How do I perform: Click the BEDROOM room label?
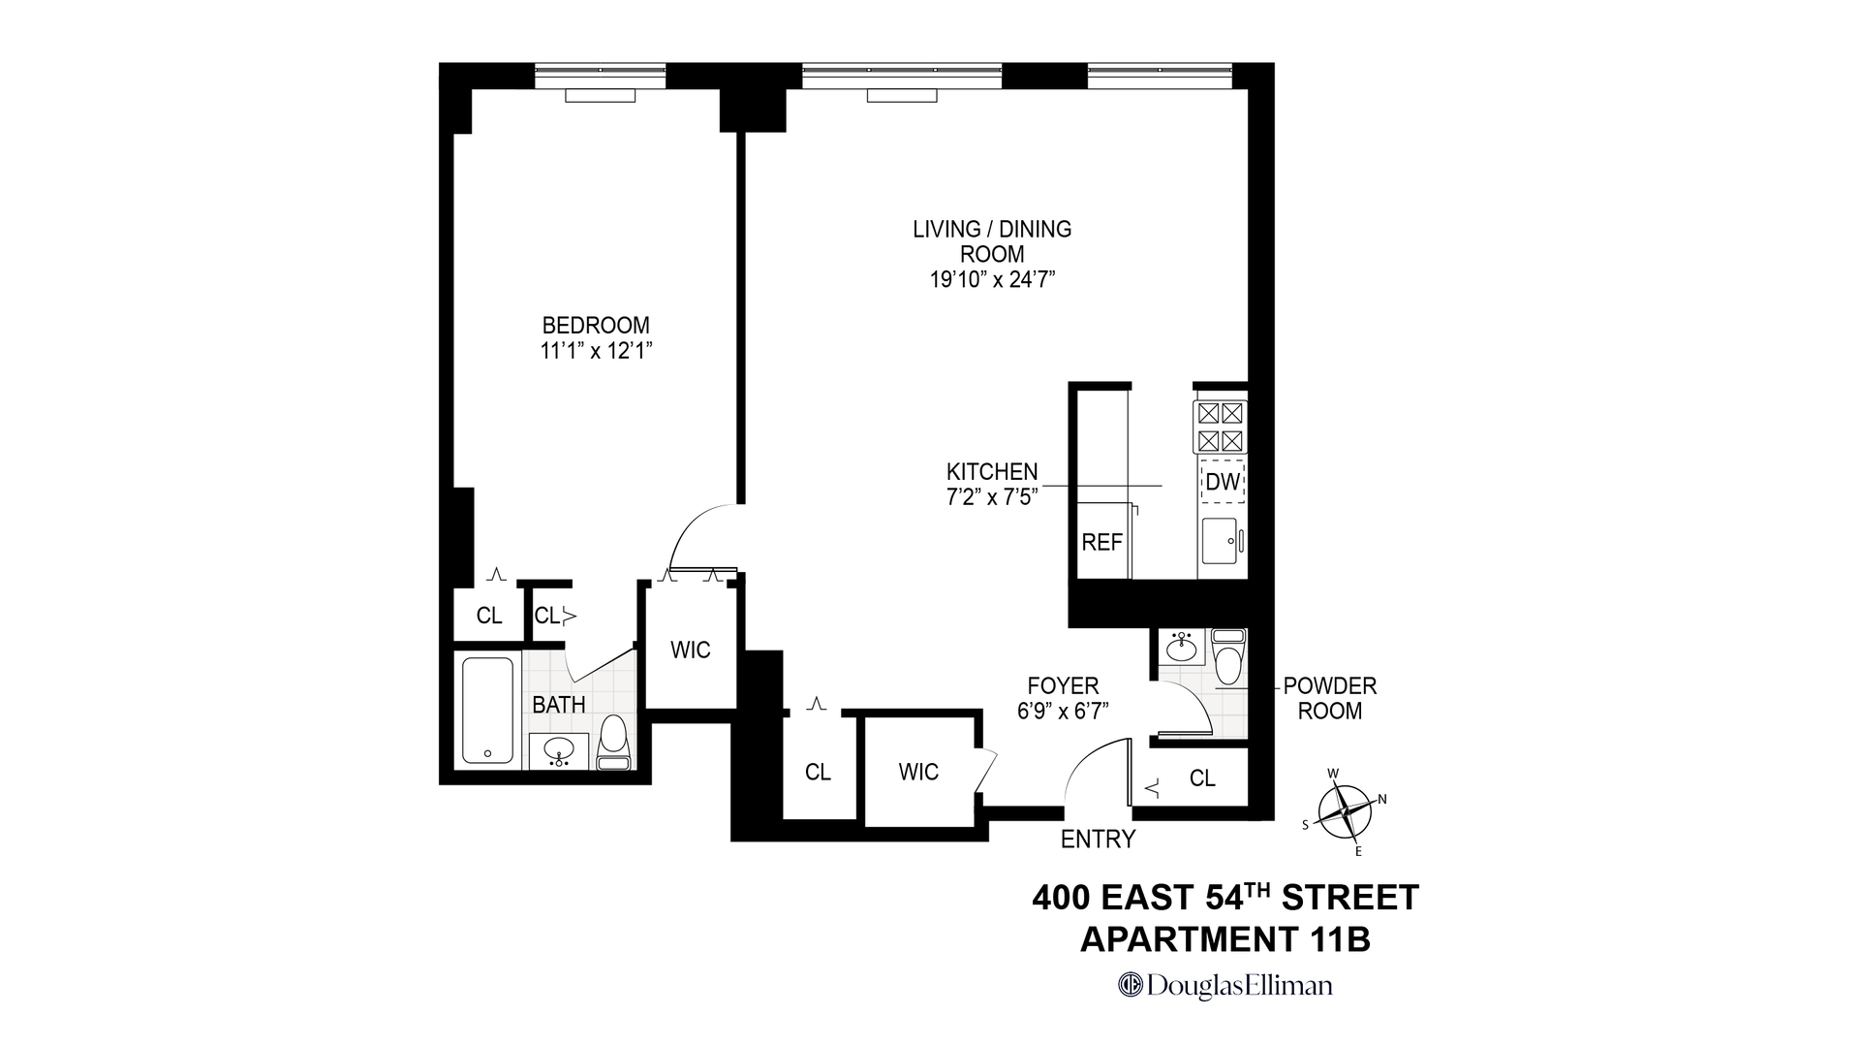pyautogui.click(x=595, y=325)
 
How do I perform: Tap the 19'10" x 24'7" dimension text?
pyautogui.click(x=991, y=280)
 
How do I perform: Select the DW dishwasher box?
pyautogui.click(x=1223, y=482)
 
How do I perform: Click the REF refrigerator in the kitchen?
pyautogui.click(x=1101, y=542)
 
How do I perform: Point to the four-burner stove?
pyautogui.click(x=1221, y=428)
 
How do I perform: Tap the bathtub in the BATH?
pyautogui.click(x=487, y=711)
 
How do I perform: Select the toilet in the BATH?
pyautogui.click(x=613, y=743)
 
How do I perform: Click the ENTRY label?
pyautogui.click(x=1098, y=840)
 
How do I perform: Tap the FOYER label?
pyautogui.click(x=1063, y=686)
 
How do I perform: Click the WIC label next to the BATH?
pyautogui.click(x=690, y=650)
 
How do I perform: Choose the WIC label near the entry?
pyautogui.click(x=917, y=773)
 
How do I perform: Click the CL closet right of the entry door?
pyautogui.click(x=1201, y=778)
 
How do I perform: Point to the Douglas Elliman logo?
pyautogui.click(x=1224, y=986)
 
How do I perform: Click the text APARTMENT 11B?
pyautogui.click(x=1224, y=939)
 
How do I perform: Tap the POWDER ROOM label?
pyautogui.click(x=1329, y=698)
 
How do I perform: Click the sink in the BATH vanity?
pyautogui.click(x=559, y=749)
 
